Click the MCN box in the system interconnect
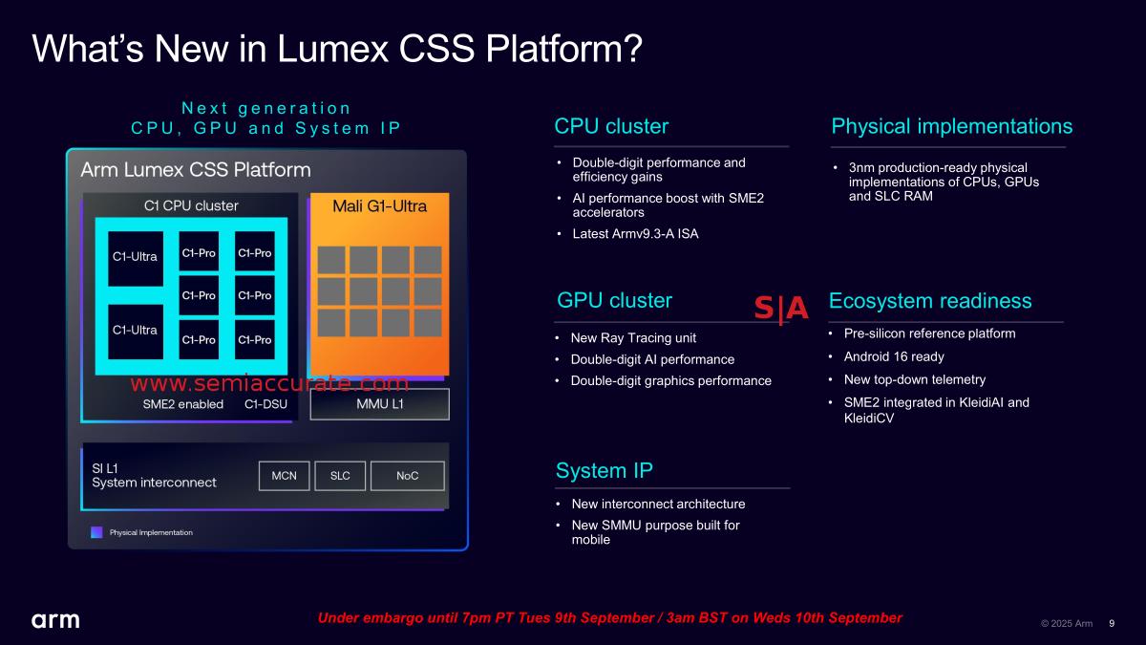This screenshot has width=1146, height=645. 285,476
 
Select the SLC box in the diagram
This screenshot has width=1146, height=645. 340,476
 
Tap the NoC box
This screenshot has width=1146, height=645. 407,476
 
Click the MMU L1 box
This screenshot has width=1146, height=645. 380,404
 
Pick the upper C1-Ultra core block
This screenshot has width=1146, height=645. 135,257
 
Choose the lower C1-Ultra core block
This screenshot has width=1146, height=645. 135,331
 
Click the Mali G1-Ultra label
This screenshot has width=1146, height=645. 379,206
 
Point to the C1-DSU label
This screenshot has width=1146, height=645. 266,404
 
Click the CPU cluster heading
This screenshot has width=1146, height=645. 611,126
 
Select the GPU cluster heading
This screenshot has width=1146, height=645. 615,301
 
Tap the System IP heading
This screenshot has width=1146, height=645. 605,470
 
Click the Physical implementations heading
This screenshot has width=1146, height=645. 952,126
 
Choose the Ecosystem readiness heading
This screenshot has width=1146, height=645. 930,301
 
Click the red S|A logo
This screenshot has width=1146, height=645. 781,309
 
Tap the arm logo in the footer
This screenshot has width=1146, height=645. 55,620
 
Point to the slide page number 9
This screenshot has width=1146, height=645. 1112,623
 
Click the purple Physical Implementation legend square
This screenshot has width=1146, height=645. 96,532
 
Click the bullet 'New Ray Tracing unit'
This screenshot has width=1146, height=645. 633,337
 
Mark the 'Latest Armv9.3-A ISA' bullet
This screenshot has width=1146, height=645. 635,234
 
